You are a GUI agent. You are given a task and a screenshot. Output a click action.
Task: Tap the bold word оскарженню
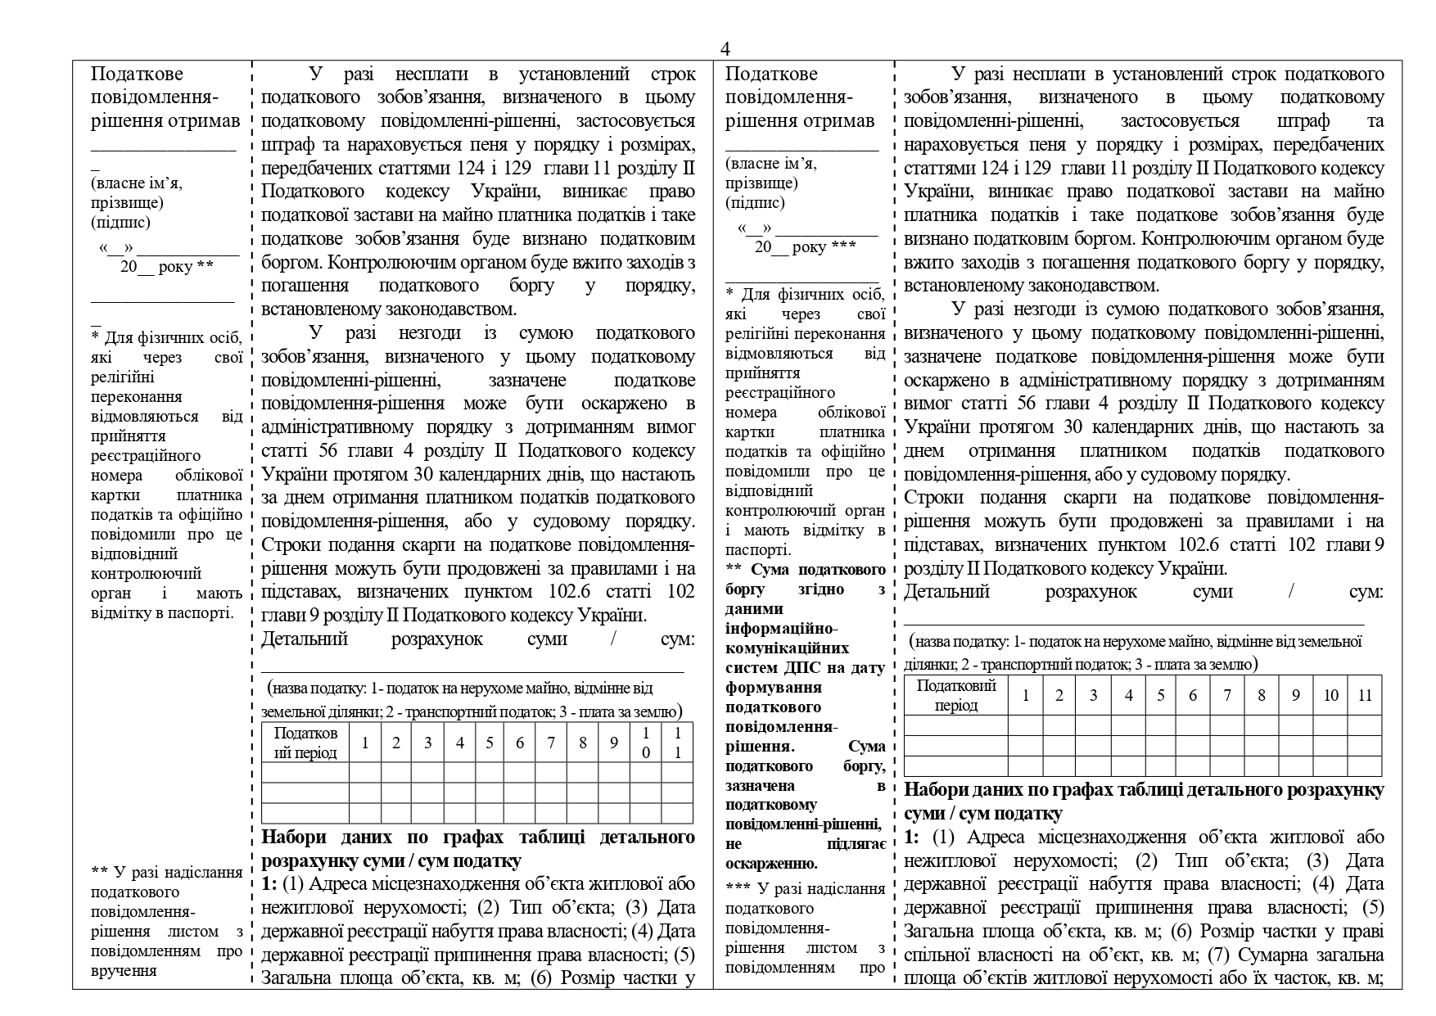[x=771, y=864]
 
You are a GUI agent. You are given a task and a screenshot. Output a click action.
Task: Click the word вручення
[x=124, y=971]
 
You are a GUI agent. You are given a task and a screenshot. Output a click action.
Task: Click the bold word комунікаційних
[x=778, y=648]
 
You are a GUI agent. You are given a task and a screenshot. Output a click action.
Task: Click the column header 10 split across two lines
[x=646, y=743]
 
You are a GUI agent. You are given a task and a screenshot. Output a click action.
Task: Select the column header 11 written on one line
[x=1365, y=695]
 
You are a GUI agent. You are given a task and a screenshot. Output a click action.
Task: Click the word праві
[x=1363, y=932]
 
